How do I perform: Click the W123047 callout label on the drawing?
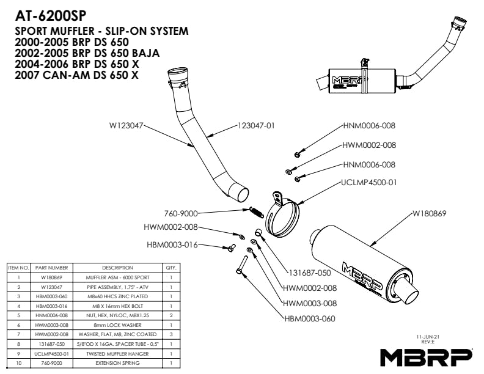(x=127, y=126)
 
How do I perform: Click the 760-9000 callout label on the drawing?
(x=181, y=214)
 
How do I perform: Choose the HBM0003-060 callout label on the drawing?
(x=310, y=318)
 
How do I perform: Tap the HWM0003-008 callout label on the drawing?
(x=310, y=303)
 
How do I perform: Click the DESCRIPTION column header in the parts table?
(x=117, y=268)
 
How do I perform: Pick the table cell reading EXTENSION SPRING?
(x=117, y=363)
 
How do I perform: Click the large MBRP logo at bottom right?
(x=426, y=356)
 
